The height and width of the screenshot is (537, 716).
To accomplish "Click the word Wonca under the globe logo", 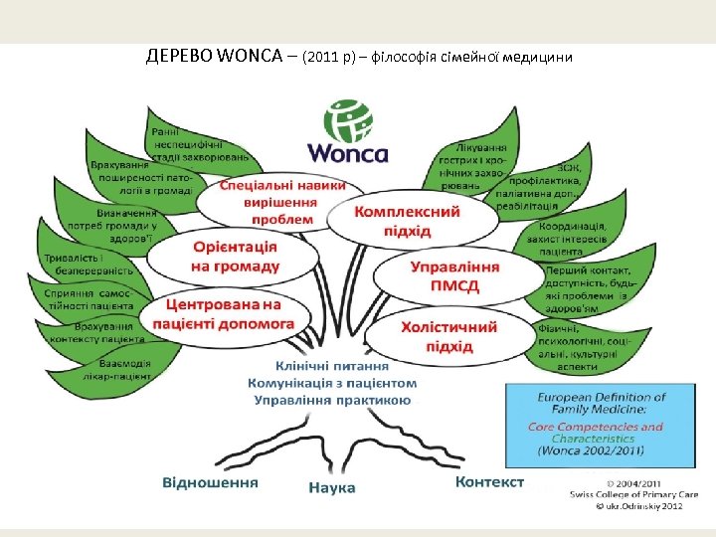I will tap(348, 153).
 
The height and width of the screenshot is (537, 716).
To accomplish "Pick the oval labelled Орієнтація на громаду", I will tap(235, 257).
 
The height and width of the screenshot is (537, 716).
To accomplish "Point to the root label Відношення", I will tap(210, 482).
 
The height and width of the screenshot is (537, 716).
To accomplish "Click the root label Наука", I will tap(332, 487).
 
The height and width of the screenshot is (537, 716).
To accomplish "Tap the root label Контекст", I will tap(489, 481).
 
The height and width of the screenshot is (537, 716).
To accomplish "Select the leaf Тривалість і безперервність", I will tap(91, 263).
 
